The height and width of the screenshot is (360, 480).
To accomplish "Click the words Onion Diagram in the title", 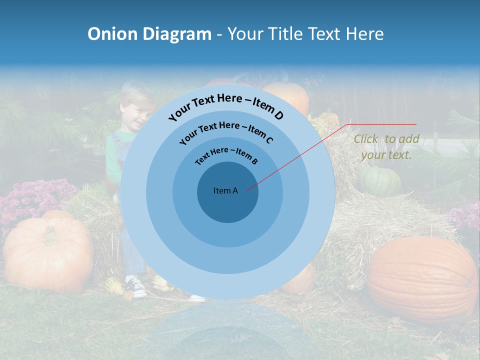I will tap(149, 34).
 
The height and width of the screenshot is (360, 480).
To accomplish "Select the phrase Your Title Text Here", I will tap(305, 34).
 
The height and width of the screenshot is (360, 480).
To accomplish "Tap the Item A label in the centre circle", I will tap(225, 190).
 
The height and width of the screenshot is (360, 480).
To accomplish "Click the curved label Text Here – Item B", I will tap(226, 155).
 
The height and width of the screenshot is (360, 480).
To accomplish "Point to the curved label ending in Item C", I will tap(226, 132).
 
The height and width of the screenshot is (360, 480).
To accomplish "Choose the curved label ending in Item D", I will tap(226, 107).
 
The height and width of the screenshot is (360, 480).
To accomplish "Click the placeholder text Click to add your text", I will tap(386, 147).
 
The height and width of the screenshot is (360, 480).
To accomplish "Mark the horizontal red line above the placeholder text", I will tap(382, 124).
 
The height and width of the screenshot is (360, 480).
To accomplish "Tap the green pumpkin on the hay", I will tap(379, 181).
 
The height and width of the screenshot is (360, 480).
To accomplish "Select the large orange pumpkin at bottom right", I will tap(422, 280).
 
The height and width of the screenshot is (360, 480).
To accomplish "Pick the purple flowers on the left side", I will tap(30, 200).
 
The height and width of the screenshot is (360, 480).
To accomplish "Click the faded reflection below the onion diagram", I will tap(227, 330).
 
